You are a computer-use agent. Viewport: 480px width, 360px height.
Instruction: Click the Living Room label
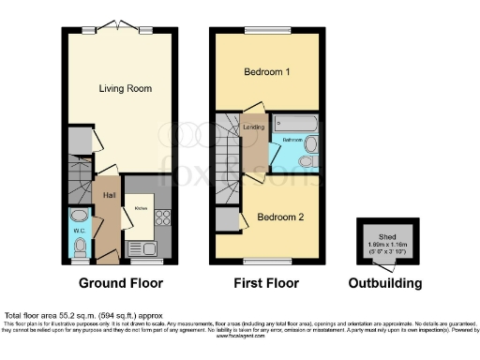point(126,88)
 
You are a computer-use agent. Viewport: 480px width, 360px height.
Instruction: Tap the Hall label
point(110,195)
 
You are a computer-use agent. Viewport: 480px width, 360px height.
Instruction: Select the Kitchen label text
point(141,206)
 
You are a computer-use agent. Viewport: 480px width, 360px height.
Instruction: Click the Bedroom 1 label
point(266,71)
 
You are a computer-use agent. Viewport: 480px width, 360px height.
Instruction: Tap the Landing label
point(253,125)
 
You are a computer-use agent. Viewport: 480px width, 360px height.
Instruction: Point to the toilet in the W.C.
point(81,246)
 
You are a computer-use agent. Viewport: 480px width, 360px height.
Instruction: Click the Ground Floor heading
point(120,283)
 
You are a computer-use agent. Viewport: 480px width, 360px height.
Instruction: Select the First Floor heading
point(266,283)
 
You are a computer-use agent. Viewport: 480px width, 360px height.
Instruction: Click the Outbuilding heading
point(384,283)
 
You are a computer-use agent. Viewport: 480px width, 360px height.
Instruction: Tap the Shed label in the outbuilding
point(386,237)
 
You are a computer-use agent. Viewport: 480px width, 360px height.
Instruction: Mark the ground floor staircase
point(81,174)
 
